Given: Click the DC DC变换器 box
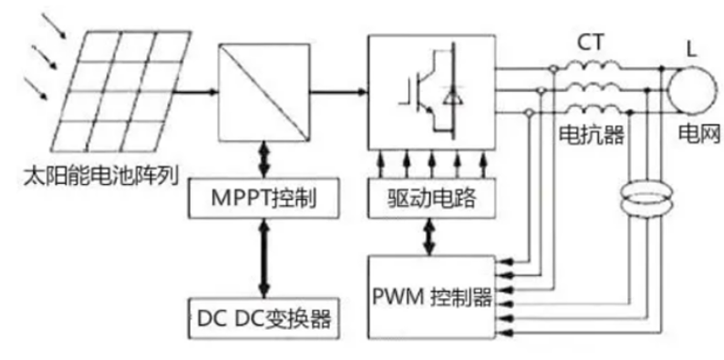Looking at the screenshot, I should [x=260, y=319].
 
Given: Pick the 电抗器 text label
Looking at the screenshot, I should [x=590, y=136].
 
